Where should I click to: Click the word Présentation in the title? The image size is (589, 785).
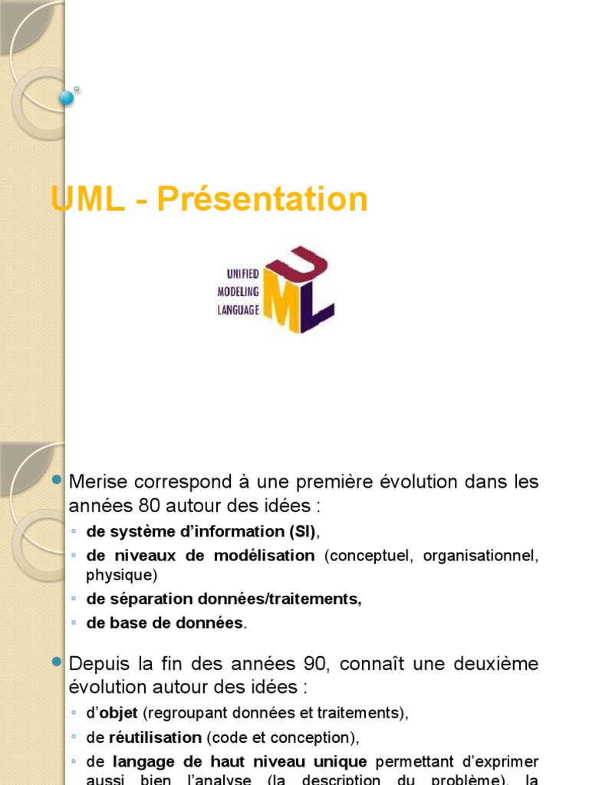coord(262,199)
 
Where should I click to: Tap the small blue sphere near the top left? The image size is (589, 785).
coord(67,97)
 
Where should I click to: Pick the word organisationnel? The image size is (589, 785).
coord(475,556)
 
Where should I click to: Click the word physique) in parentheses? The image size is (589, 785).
coord(121,574)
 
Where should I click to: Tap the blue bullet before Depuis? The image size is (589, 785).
coord(56,662)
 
